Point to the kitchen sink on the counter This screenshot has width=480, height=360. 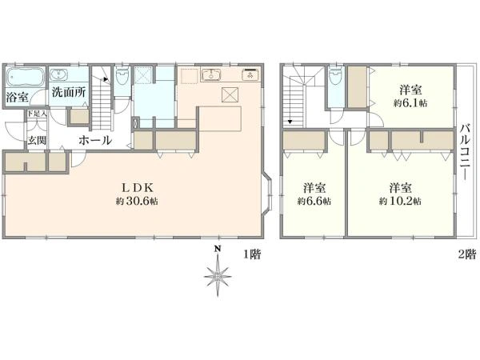tap(211, 76)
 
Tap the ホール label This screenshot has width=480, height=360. tap(95, 140)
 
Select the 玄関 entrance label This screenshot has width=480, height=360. tap(37, 140)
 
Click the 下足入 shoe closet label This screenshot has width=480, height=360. tap(38, 114)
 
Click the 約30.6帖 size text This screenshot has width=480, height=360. tap(136, 202)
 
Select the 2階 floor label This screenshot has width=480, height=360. tap(467, 254)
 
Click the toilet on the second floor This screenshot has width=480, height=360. tap(335, 78)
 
